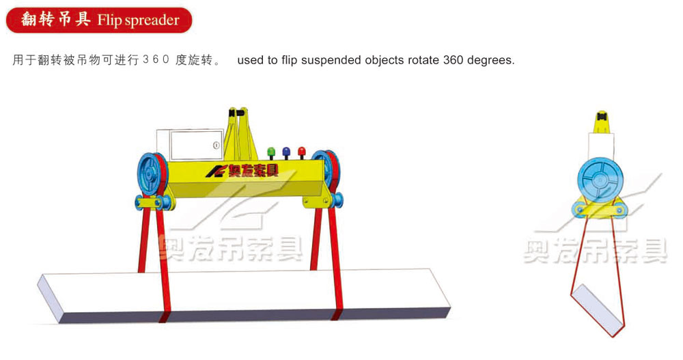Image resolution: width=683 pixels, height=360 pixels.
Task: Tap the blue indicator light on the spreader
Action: coord(285,150)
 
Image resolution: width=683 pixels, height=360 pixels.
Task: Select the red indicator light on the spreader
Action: coord(301,150)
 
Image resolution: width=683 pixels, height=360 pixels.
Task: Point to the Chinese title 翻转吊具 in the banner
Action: coord(56,20)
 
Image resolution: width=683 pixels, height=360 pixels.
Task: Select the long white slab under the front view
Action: coord(246,294)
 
